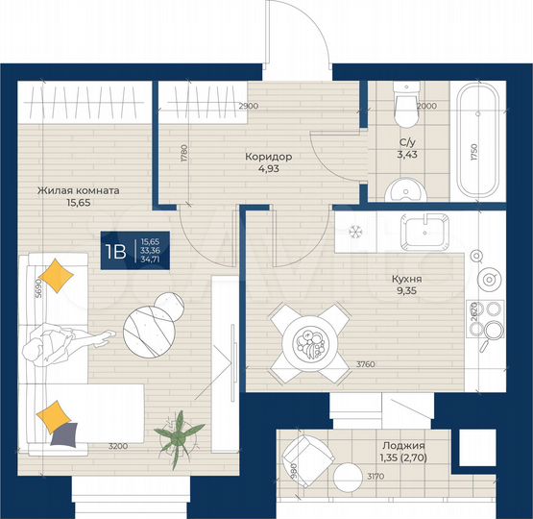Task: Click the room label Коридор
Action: tap(268, 157)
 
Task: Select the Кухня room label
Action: tap(407, 279)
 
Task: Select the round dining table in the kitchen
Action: tap(306, 342)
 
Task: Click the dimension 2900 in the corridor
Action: tap(248, 105)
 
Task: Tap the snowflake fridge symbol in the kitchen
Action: tap(354, 232)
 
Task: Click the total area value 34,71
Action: tap(149, 259)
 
